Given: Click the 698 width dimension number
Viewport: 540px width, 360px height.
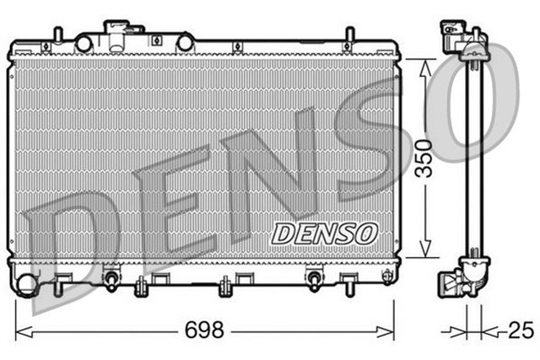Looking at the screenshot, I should click(x=204, y=330).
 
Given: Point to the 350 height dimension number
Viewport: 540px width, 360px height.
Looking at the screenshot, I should click(x=427, y=158).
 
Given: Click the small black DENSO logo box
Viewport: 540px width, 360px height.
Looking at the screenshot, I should click(x=321, y=234).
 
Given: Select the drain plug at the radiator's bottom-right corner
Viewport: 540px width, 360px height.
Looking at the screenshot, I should click(x=386, y=277).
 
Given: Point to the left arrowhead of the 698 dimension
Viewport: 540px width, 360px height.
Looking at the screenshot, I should click(x=22, y=330).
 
